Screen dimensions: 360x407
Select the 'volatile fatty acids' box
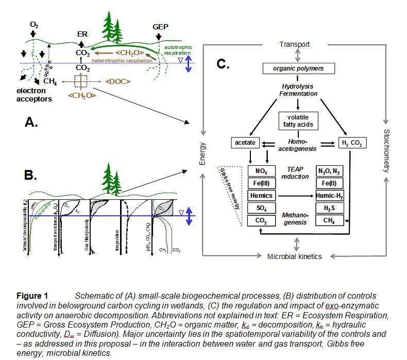point(296,121)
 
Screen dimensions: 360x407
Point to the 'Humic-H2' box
point(329,196)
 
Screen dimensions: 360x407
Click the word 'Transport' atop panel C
point(294,44)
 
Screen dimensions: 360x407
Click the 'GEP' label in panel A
point(160,26)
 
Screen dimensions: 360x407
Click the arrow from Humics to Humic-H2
point(294,196)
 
